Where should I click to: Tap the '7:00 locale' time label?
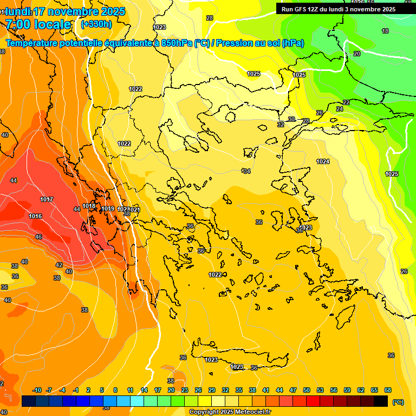tap(38, 24)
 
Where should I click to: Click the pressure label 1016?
tap(36, 216)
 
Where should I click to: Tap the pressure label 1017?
tap(47, 199)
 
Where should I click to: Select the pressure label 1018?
tap(89, 206)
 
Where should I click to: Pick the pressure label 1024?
tap(323, 161)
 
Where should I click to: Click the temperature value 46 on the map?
tap(38, 237)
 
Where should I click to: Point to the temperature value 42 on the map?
tap(59, 265)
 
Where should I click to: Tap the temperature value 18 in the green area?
tap(385, 31)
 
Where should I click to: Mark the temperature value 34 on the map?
tap(247, 171)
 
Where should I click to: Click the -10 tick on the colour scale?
tap(37, 390)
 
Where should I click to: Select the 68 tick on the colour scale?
tap(388, 390)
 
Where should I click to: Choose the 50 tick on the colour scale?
tap(307, 390)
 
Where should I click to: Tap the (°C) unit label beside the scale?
tap(398, 402)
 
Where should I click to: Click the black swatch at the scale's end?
tap(381, 401)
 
